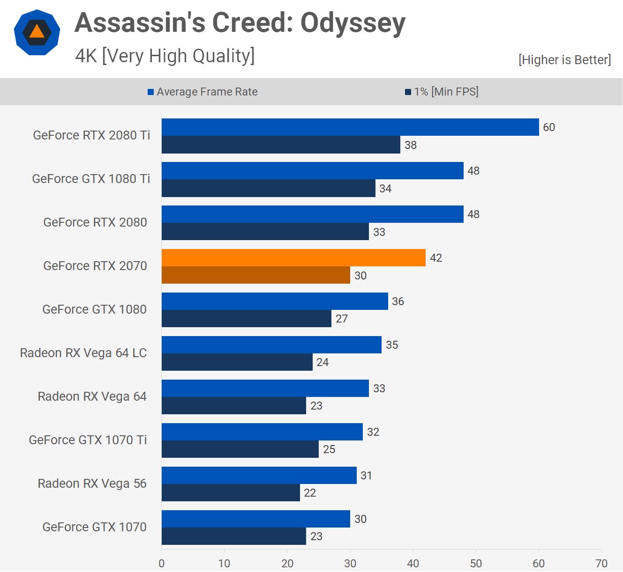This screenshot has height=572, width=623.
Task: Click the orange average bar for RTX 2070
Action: pos(293,258)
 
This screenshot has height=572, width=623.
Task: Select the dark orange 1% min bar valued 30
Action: pos(256,275)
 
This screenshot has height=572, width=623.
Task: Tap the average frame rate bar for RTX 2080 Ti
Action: pos(350,127)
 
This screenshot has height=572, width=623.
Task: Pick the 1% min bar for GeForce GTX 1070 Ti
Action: pos(240,449)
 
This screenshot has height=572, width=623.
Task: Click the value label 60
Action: pos(549,127)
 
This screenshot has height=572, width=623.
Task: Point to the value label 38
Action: pos(411,145)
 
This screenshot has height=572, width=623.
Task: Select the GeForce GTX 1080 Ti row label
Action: pos(91,179)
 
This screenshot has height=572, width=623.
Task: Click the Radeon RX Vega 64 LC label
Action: pos(83,353)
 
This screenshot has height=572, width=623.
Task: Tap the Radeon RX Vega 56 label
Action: pos(92,484)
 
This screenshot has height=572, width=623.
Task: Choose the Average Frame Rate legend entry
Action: pos(203,92)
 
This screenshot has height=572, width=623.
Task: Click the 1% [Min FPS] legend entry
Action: pos(442,92)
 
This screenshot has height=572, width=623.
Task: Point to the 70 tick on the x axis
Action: pos(601,563)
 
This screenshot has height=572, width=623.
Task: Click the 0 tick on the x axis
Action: pos(162,563)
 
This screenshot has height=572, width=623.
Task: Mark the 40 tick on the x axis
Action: pos(413,563)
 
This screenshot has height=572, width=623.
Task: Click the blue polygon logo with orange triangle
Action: pos(37,32)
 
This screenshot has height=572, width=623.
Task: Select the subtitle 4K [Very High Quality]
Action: pos(165,56)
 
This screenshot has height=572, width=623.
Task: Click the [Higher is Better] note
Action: pos(564,60)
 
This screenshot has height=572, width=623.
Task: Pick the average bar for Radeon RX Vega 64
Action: pos(265,389)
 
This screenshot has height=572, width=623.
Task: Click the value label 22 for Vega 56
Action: pos(310,493)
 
